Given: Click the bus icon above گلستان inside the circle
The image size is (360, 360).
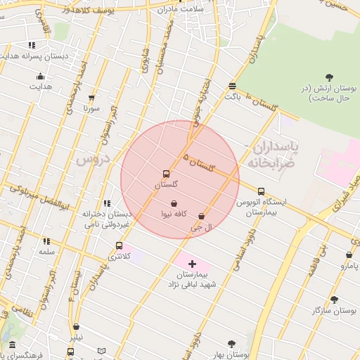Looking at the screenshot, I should click(x=166, y=173).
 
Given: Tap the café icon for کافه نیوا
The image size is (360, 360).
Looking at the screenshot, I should click(x=174, y=203).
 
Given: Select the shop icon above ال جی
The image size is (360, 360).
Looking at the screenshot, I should click(x=202, y=217).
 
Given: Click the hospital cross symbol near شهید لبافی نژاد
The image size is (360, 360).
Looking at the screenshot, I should click(x=192, y=263).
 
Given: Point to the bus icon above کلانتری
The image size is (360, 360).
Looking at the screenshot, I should click(x=119, y=246).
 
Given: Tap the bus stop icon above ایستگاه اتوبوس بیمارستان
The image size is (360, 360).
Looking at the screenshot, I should click(x=262, y=191).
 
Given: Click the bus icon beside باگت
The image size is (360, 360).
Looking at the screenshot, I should click(x=232, y=86).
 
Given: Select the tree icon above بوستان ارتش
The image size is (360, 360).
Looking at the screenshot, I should click(x=330, y=77).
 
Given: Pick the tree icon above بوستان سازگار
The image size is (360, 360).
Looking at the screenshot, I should click(x=334, y=300).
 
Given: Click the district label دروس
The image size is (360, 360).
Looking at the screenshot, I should click(x=90, y=160).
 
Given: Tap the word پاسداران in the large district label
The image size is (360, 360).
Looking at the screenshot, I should click(x=276, y=147).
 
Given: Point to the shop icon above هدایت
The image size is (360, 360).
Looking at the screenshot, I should click(x=40, y=77).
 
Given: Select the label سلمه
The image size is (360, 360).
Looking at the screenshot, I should click(x=47, y=251).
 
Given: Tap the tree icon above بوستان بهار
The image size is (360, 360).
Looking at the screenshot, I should click(x=231, y=344).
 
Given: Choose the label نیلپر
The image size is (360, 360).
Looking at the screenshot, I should click(x=74, y=337).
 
